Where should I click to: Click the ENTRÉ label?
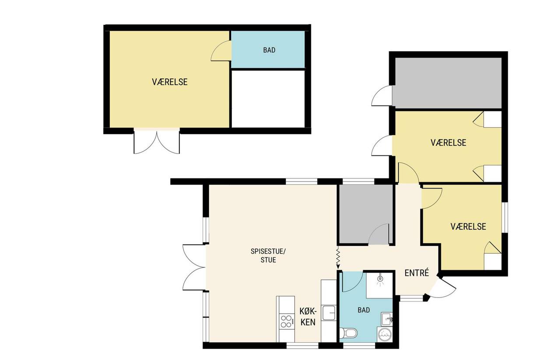[417, 273]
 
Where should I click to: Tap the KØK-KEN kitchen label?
[308, 317]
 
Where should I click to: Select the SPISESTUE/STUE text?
[268, 255]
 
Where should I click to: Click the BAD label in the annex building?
[269, 50]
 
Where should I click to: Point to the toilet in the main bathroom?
[348, 333]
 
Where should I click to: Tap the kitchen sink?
[329, 312]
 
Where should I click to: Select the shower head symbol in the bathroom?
[380, 280]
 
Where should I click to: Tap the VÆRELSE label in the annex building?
[169, 82]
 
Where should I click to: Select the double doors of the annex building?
[157, 142]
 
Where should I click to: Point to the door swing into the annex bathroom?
[221, 51]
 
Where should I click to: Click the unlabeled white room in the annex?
[268, 99]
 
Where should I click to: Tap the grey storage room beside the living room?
[366, 214]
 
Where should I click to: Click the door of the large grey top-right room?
[382, 96]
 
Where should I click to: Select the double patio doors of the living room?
[194, 267]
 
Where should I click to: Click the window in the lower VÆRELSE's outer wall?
[505, 217]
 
